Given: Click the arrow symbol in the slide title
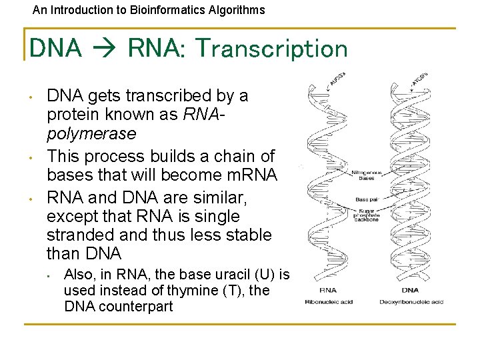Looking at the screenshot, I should click(x=105, y=49).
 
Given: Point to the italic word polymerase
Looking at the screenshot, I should click(x=91, y=133).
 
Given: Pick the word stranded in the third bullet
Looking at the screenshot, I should click(x=79, y=235).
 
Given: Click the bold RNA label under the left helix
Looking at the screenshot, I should click(x=327, y=290).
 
